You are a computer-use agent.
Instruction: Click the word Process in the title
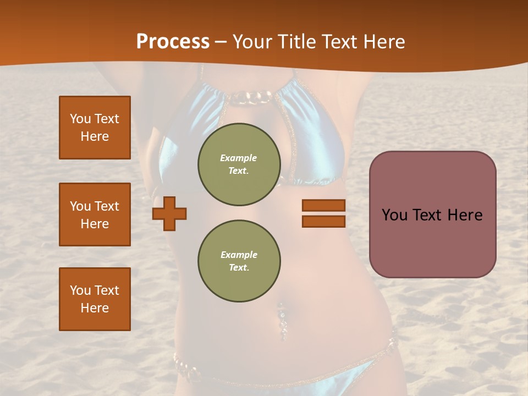point(173,42)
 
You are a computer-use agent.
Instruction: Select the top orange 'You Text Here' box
point(95,128)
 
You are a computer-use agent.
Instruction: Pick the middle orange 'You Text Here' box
point(95,215)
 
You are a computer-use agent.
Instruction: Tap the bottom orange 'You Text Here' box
point(95,299)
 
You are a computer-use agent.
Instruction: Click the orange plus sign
point(169,213)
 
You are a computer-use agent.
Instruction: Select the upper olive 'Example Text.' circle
point(239,164)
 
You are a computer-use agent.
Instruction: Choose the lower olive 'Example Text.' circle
point(239,261)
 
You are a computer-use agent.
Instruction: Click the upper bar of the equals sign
point(323,205)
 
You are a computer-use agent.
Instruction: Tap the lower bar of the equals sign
point(323,222)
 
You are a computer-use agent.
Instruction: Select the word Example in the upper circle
point(238,158)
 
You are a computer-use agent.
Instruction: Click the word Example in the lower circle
point(239,255)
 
